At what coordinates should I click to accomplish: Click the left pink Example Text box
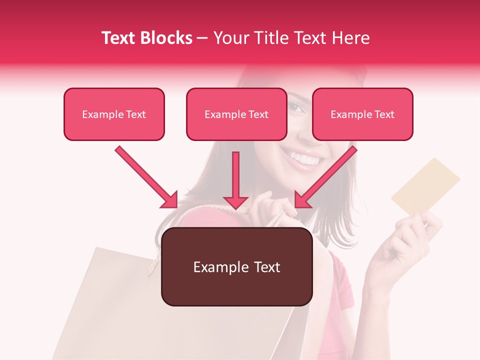tap(114, 114)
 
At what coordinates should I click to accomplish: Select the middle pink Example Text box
tap(236, 114)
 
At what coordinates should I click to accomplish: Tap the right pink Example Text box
tap(362, 114)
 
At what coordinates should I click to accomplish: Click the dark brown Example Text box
tap(237, 266)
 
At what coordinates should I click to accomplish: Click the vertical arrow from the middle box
tap(235, 180)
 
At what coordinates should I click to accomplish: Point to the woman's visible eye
tap(296, 106)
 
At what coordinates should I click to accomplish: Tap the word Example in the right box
tap(348, 114)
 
